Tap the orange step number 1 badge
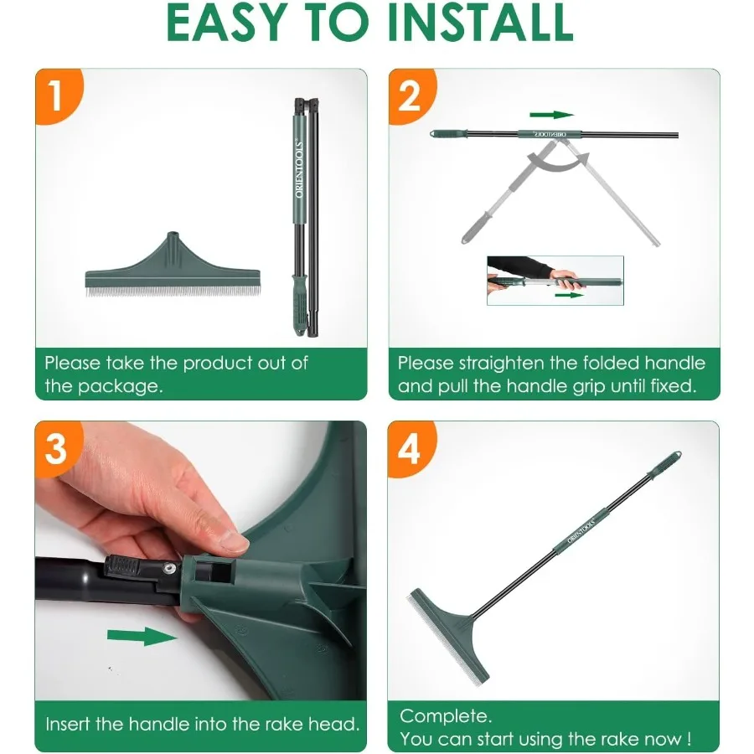(x=58, y=96)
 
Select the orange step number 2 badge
(x=411, y=96)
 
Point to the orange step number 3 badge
(x=58, y=448)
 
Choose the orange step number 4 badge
(x=411, y=448)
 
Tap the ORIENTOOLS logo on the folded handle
(x=299, y=168)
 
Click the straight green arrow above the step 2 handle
(x=551, y=115)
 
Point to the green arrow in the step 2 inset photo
(x=570, y=295)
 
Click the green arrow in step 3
(x=142, y=637)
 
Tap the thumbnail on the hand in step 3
(x=230, y=541)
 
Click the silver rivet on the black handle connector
(x=168, y=569)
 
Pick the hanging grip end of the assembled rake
(x=665, y=464)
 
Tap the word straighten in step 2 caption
(x=502, y=364)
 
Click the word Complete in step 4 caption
(x=446, y=716)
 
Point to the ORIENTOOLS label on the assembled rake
(x=581, y=530)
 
